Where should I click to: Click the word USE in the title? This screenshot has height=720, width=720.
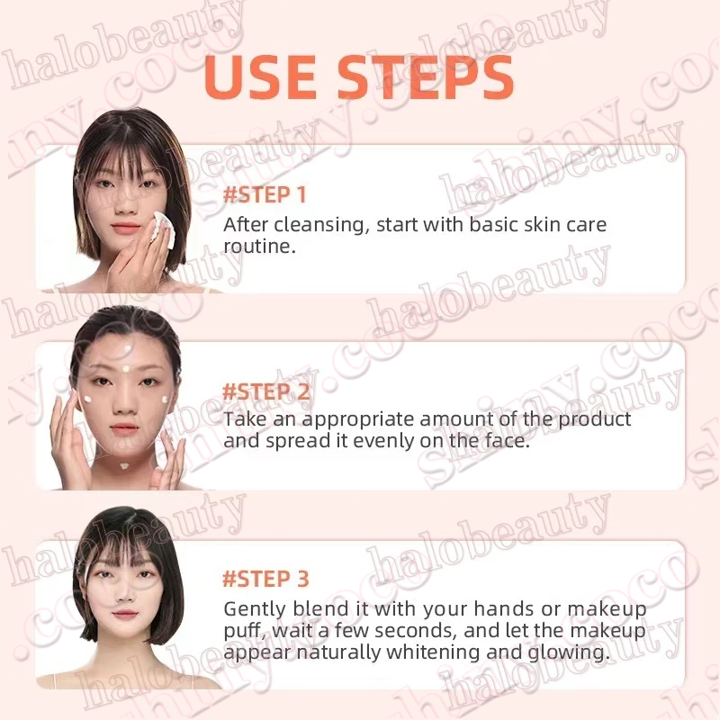(260, 76)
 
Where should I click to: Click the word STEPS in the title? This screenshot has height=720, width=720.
(425, 76)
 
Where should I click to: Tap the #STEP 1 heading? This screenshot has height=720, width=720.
(265, 194)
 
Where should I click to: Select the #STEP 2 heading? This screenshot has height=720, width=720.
(266, 391)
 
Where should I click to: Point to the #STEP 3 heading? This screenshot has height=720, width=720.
(265, 579)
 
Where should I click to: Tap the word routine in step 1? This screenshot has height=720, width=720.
(259, 247)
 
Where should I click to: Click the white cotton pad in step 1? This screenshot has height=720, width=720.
(164, 229)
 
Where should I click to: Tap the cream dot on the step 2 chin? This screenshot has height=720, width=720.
(124, 466)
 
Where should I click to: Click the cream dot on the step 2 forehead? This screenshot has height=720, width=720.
(126, 368)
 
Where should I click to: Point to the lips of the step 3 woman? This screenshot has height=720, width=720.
(124, 614)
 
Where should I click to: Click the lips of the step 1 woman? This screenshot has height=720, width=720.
(125, 228)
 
